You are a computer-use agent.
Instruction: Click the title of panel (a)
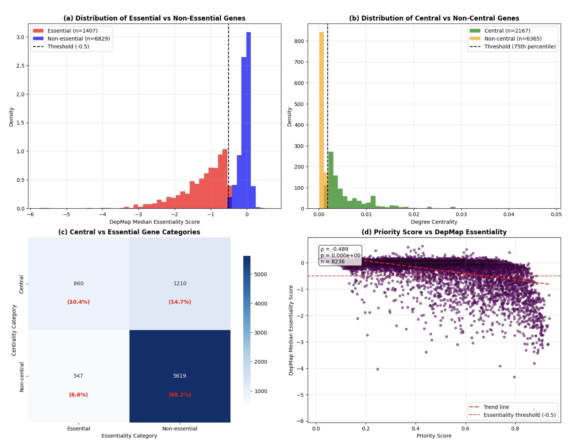pos(154,18)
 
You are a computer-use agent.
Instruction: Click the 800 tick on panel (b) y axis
pos(299,41)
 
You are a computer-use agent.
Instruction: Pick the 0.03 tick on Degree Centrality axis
pos(461,214)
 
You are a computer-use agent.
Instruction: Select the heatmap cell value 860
pos(79,283)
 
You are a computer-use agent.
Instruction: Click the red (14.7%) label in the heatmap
pos(180,302)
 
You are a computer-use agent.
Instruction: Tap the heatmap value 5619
pos(180,376)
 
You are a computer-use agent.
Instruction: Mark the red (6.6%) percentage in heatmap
pos(78,394)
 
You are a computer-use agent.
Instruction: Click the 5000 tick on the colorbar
pos(260,274)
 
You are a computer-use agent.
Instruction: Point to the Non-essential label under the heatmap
pos(180,429)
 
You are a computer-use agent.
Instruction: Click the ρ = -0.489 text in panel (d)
pos(334,249)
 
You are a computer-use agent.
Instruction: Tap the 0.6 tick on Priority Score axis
pos(465,429)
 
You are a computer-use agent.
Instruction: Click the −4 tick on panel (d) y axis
pos(302,368)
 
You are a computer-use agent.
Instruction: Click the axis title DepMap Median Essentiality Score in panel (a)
pos(154,222)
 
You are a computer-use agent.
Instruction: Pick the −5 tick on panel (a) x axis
pos(66,214)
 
